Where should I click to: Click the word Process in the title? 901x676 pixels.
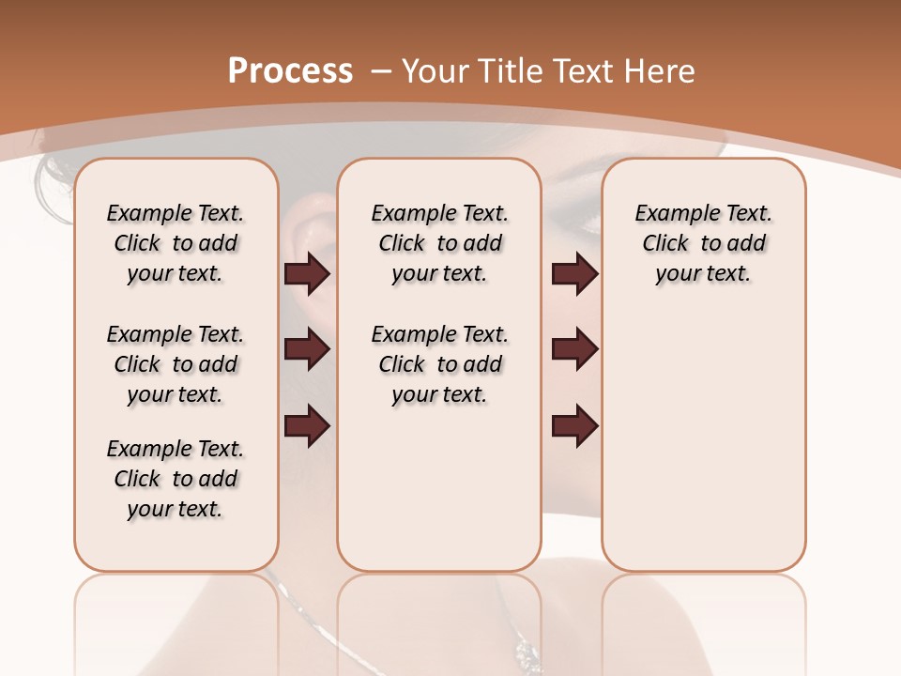[290, 71]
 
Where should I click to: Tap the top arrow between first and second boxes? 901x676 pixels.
[307, 274]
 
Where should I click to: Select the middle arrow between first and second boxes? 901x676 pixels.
[307, 350]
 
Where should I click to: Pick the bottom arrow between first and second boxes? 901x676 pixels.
[307, 426]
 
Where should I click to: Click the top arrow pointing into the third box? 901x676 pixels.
[574, 274]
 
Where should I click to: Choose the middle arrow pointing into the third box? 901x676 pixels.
[574, 350]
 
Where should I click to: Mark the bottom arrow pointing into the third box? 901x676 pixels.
[574, 426]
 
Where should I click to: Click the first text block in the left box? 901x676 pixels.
[176, 243]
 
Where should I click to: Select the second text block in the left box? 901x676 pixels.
[176, 364]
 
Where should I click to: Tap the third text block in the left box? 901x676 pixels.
[176, 479]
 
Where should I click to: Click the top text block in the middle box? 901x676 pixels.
[439, 243]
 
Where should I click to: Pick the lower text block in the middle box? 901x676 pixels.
[439, 364]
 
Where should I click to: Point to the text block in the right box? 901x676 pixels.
[703, 243]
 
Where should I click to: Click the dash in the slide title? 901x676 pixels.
[381, 71]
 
